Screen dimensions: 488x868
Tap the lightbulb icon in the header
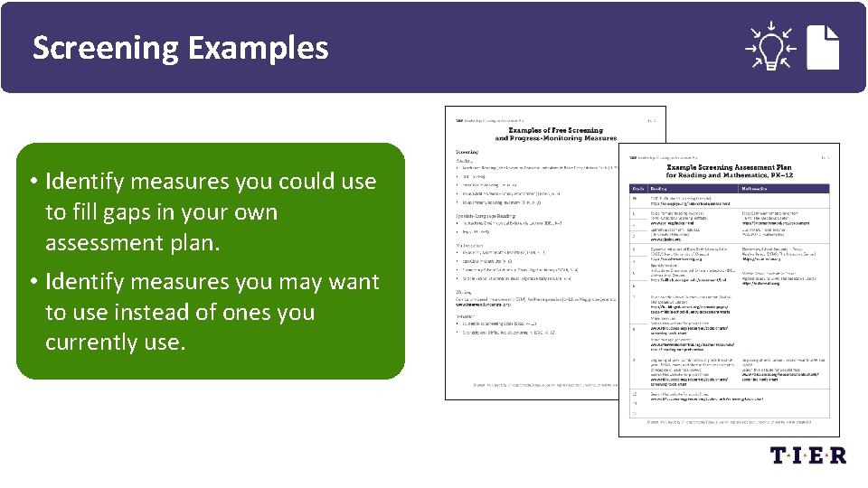pos(769,46)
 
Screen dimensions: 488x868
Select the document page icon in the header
pos(825,45)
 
